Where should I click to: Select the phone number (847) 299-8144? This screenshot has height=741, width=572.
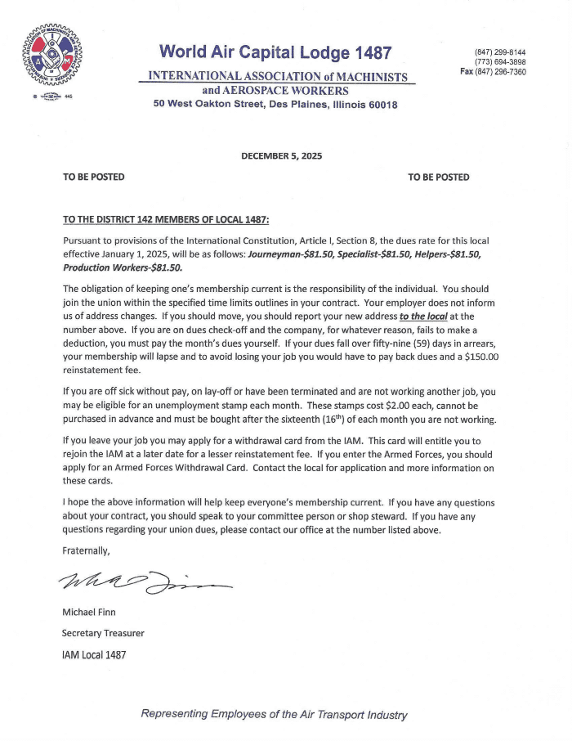point(500,52)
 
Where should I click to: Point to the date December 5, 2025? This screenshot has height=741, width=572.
point(282,155)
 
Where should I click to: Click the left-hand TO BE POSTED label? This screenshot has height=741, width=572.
point(94,177)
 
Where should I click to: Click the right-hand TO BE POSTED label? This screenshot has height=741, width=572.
point(439,177)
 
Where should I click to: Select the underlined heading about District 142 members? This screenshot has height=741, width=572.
point(166,219)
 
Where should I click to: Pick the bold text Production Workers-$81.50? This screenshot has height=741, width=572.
point(123,267)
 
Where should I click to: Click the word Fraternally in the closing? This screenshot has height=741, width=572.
point(87,550)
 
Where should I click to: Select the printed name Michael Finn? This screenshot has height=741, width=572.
point(90,612)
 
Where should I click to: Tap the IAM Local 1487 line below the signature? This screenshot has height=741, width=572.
point(94,654)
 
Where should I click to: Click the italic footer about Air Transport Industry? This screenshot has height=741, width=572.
point(275,714)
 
